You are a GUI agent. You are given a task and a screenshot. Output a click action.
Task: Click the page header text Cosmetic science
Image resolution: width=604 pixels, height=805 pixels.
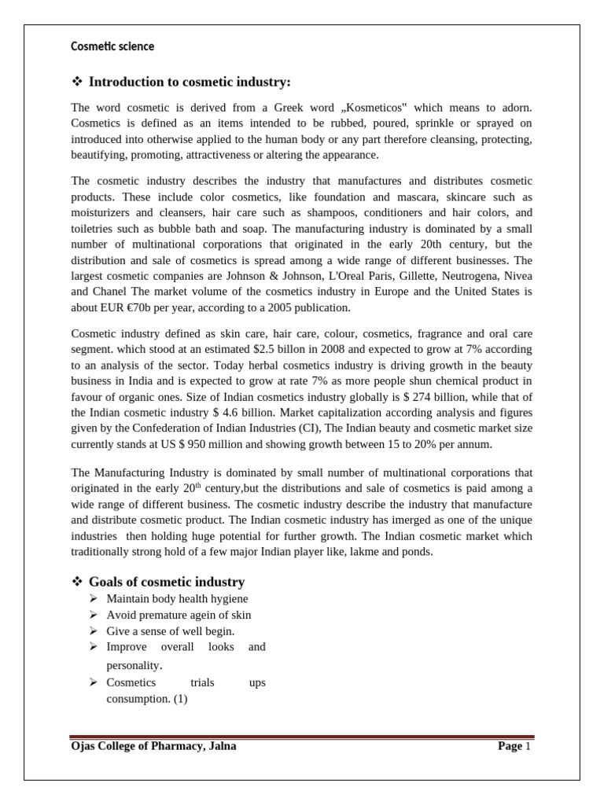click(112, 46)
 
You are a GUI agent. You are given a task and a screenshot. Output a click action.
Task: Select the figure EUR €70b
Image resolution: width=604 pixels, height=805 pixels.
click(127, 307)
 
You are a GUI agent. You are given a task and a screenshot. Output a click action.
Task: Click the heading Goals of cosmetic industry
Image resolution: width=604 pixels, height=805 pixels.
click(166, 582)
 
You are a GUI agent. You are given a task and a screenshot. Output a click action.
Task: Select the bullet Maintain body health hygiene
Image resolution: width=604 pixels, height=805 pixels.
click(177, 599)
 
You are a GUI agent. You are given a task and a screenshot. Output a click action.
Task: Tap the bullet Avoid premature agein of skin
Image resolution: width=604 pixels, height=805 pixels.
click(179, 615)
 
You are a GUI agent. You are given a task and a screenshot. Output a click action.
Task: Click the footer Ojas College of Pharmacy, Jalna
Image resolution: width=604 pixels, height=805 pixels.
click(153, 746)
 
